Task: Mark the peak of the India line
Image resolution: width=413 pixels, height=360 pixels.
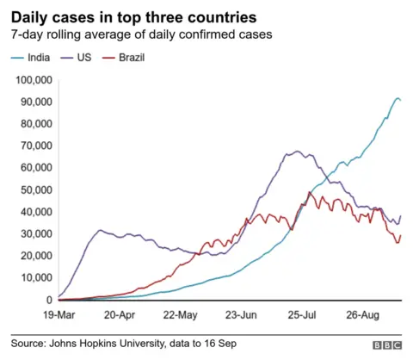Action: tap(397, 99)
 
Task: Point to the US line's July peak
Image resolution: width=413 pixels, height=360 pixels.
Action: tap(296, 152)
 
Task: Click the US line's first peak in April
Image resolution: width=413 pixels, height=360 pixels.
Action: tap(101, 230)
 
